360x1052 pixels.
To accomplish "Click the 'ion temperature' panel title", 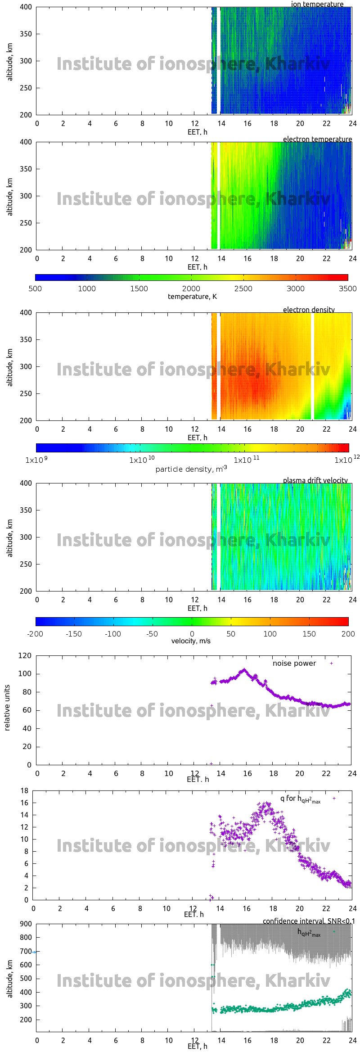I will [x=317, y=4].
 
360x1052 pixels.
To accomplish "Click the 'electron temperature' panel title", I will [x=317, y=139].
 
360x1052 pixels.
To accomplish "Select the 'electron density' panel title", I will [x=309, y=310].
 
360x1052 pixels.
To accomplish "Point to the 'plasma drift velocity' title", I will [x=315, y=480].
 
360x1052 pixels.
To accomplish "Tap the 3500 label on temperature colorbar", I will [x=347, y=289].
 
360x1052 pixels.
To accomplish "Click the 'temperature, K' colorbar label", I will [x=192, y=296].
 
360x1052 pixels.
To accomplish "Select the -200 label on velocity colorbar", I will [x=35, y=634].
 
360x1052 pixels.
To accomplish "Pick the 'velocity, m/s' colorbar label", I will [x=191, y=641].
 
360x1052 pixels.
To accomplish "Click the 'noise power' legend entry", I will [x=294, y=663].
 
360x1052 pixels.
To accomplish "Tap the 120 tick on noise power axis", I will [x=25, y=655].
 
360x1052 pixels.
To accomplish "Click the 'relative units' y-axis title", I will [x=7, y=708].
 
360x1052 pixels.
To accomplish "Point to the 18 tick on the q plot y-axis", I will [x=24, y=790].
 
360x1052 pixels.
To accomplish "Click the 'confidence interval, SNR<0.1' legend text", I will [x=309, y=921].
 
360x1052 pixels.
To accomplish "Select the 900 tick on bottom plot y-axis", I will [x=26, y=924].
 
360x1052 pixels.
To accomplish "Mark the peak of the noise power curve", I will [x=244, y=670].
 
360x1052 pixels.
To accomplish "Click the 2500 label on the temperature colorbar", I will [x=243, y=289].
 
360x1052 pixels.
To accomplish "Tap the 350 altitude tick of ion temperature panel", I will [x=26, y=34].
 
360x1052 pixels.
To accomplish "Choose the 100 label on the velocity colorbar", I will [x=270, y=634].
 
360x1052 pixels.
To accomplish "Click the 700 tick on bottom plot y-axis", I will [x=26, y=952].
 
